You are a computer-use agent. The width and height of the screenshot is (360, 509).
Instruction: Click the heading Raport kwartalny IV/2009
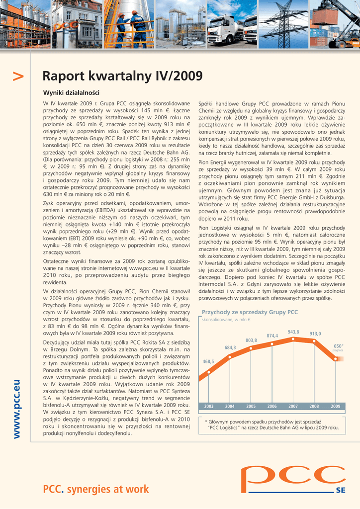click(x=122, y=76)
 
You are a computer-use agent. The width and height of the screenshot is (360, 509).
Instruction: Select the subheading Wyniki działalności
click(x=71, y=93)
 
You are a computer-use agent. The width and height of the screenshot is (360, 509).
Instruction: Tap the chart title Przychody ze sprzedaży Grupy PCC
click(x=250, y=312)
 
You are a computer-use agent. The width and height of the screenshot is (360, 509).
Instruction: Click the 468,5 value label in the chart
click(x=208, y=361)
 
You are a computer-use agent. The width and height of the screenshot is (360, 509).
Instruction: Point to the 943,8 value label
click(x=293, y=332)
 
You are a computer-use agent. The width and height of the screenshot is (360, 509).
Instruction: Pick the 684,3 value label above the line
click(x=230, y=347)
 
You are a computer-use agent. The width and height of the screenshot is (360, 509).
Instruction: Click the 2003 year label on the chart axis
click(x=208, y=406)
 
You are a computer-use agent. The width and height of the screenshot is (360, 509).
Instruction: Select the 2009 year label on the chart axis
click(x=335, y=406)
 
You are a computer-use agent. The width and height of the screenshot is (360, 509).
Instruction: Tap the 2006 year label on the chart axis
click(x=272, y=406)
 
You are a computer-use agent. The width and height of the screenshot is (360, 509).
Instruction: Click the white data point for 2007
click(x=293, y=339)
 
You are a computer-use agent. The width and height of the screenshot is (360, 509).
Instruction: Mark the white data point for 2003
click(x=209, y=371)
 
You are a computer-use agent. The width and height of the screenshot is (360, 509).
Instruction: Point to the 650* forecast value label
click(x=338, y=346)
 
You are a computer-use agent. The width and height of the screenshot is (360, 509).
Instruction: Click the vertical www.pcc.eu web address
click(x=17, y=409)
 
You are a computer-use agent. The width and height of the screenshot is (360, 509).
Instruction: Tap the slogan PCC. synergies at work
click(x=96, y=490)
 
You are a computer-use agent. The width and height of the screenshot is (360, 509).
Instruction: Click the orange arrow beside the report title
click(x=18, y=77)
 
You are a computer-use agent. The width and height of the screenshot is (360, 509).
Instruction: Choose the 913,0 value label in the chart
click(x=315, y=334)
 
